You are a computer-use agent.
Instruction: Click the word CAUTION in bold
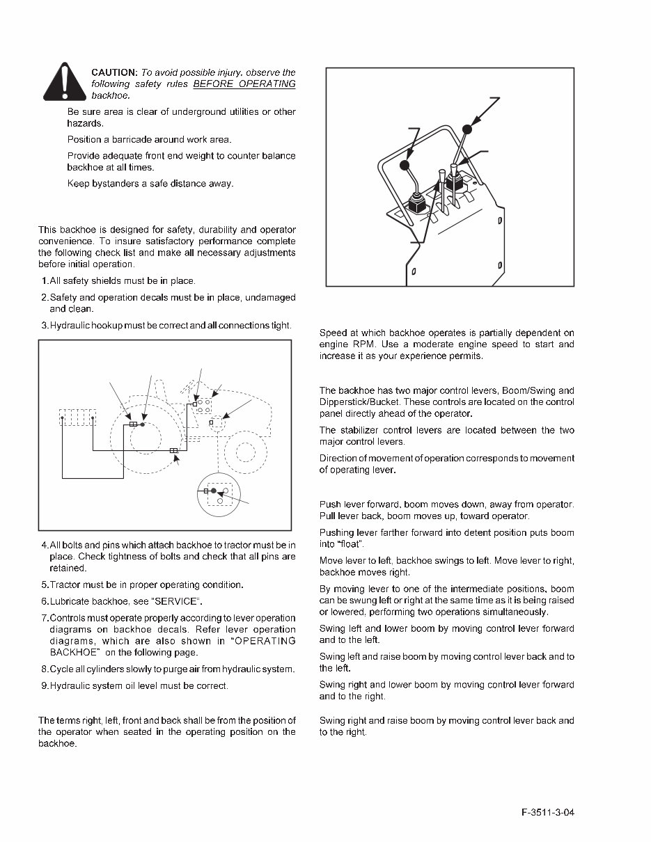click(x=114, y=72)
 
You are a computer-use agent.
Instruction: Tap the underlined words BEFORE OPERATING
click(x=244, y=84)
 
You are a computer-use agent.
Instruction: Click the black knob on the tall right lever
click(x=467, y=129)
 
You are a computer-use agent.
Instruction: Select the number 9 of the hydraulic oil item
click(x=44, y=686)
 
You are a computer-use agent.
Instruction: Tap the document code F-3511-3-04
click(x=550, y=813)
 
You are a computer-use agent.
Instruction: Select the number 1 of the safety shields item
click(x=44, y=281)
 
